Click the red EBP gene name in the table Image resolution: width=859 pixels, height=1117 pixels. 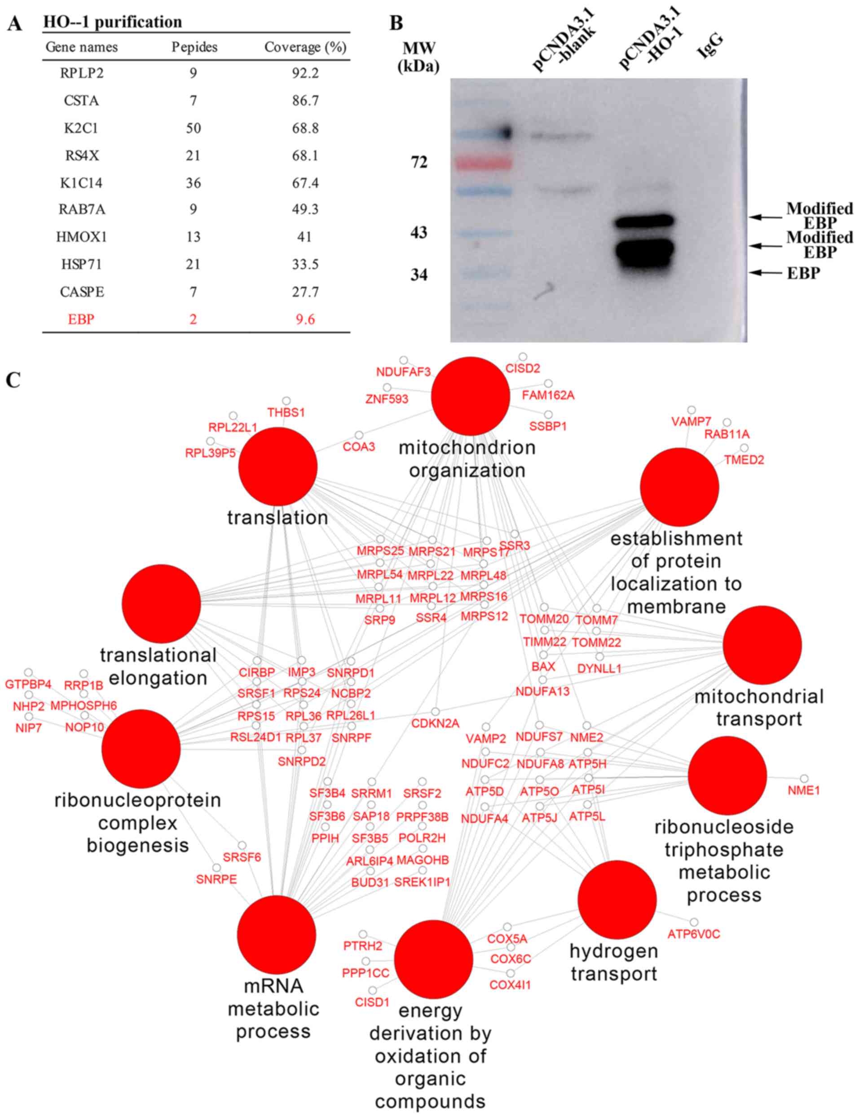[81, 319]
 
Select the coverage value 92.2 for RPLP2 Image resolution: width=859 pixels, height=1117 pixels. [305, 73]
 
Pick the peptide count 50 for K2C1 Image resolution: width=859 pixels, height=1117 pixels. [193, 128]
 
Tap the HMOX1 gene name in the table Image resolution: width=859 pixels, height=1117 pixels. [82, 237]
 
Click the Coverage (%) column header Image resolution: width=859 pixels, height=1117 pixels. [305, 47]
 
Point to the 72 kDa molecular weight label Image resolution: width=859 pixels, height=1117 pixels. [419, 163]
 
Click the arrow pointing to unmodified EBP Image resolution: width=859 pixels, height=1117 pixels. [766, 273]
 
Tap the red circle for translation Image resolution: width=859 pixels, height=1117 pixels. [278, 466]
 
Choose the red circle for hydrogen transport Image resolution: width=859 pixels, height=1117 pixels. [617, 899]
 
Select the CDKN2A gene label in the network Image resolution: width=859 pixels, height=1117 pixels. [436, 723]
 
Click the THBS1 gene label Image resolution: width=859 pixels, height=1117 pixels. [286, 412]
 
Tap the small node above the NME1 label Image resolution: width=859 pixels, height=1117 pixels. [804, 778]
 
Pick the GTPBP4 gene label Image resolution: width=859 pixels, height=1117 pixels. [28, 684]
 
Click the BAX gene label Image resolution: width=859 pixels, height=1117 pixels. [543, 666]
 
